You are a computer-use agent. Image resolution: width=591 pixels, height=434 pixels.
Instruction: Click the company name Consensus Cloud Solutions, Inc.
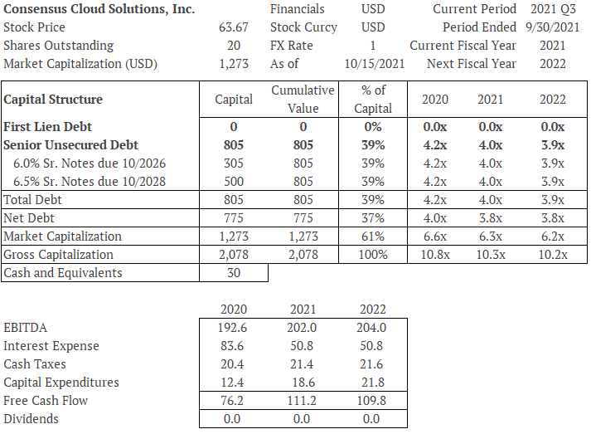click(x=99, y=9)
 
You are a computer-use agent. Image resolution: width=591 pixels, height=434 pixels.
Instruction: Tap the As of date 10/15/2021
click(x=366, y=64)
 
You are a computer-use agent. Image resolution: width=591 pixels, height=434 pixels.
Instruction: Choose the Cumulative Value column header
click(x=303, y=99)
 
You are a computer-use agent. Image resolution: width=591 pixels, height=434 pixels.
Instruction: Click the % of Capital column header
click(x=373, y=99)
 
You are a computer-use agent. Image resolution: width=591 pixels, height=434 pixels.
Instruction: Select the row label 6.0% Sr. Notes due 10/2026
click(x=90, y=163)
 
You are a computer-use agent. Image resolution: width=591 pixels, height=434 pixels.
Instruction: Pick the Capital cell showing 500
click(x=234, y=181)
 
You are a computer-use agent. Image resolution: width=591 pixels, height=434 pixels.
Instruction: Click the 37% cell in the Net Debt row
click(x=373, y=217)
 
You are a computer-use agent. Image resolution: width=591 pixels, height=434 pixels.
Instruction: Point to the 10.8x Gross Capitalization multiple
click(x=435, y=254)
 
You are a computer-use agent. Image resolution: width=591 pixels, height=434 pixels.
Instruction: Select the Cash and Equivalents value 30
click(x=234, y=272)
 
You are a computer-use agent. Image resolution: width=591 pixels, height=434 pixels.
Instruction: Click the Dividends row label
click(x=31, y=418)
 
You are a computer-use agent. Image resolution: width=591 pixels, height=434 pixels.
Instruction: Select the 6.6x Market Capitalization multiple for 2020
click(x=435, y=236)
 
